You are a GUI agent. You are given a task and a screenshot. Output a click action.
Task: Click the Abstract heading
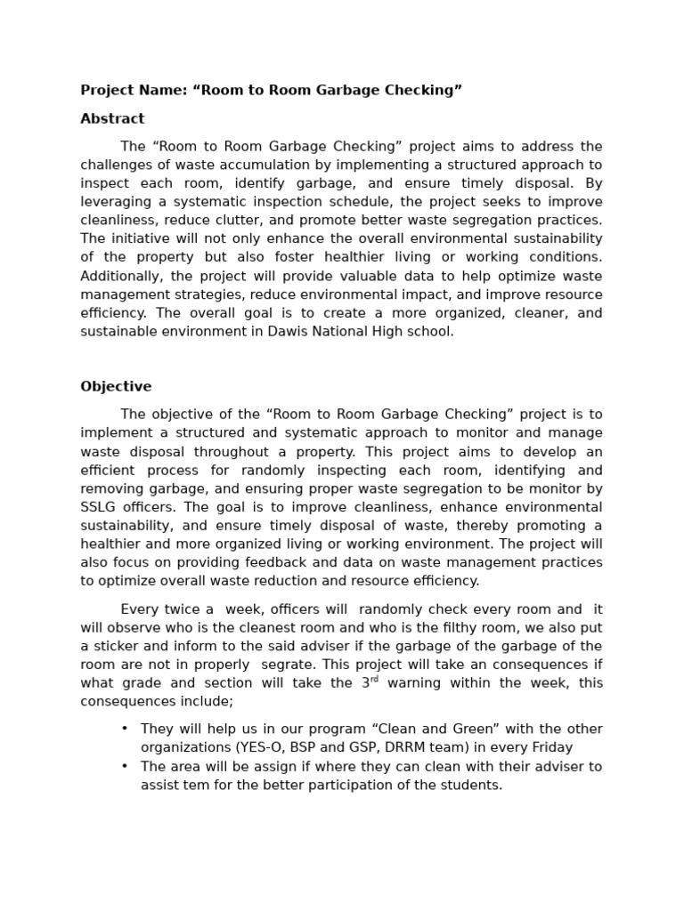point(112,118)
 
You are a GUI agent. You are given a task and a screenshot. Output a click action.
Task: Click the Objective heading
point(116,386)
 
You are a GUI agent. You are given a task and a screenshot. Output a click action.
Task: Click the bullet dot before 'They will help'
point(126,729)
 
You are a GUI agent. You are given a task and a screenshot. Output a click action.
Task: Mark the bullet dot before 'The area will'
point(126,766)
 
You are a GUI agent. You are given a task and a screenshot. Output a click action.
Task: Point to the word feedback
point(251,562)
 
